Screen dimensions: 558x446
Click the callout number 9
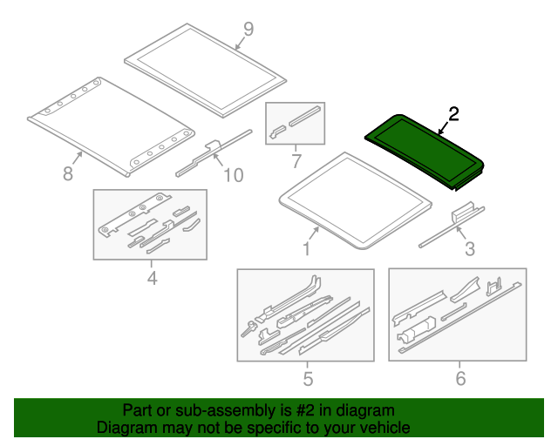coord(248,29)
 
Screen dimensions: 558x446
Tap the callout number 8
coord(68,173)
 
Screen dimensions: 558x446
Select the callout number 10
coord(234,175)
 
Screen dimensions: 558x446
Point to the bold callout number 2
coord(453,114)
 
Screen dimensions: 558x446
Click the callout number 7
coord(296,161)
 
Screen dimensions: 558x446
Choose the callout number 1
coord(306,248)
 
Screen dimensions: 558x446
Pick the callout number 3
coord(470,249)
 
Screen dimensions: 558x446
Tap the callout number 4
coord(152,278)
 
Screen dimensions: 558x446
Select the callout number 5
coord(308,378)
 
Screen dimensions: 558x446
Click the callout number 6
coord(460,378)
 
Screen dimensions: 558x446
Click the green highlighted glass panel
coord(425,152)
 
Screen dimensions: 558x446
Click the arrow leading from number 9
coord(241,44)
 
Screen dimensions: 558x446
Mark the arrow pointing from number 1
coord(314,233)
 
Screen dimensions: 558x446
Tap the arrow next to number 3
coord(461,233)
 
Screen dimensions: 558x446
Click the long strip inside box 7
coord(305,117)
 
